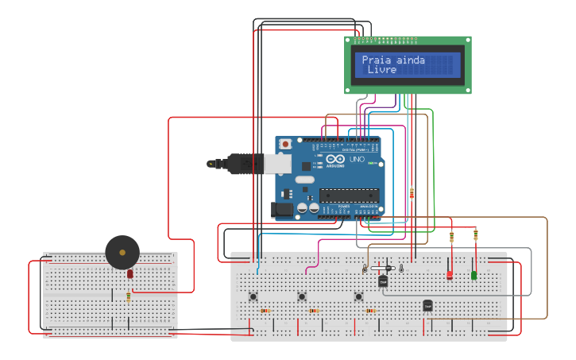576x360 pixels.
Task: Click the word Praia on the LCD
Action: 377,60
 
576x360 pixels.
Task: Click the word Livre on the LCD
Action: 381,70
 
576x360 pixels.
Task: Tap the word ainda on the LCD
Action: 409,60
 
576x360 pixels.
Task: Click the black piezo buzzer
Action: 122,252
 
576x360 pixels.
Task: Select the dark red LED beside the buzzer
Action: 130,274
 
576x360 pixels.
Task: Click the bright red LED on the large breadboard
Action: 450,275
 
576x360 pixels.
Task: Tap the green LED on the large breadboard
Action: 474,275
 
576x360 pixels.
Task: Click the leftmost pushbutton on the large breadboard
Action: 253,297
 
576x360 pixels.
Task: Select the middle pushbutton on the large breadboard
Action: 302,297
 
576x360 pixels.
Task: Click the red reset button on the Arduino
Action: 285,144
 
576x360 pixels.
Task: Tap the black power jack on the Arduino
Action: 281,210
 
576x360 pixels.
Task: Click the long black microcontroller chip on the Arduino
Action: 349,195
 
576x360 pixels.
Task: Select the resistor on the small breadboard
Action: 129,296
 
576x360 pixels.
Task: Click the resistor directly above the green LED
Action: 476,235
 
